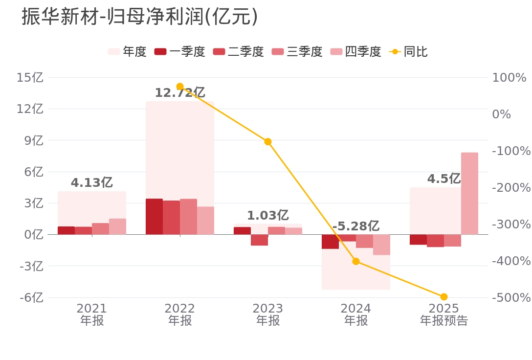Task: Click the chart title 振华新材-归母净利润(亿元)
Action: tap(140, 17)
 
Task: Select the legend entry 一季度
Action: tap(179, 52)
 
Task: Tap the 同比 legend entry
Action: tap(408, 52)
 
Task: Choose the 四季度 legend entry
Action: tap(355, 52)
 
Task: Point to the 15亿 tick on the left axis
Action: tap(30, 78)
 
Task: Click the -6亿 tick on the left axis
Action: tap(31, 297)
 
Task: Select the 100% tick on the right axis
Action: tap(509, 78)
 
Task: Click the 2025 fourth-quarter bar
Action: tap(469, 193)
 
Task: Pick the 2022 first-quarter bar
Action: tap(154, 216)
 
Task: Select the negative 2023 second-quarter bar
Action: tap(259, 240)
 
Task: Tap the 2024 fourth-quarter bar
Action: tap(381, 245)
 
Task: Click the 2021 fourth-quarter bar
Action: tap(117, 226)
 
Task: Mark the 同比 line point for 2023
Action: tap(268, 142)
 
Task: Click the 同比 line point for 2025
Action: tap(444, 297)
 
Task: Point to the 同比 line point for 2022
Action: tap(180, 87)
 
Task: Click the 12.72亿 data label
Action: tap(179, 93)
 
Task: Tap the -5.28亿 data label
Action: tap(355, 226)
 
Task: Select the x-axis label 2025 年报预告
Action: tap(444, 315)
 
